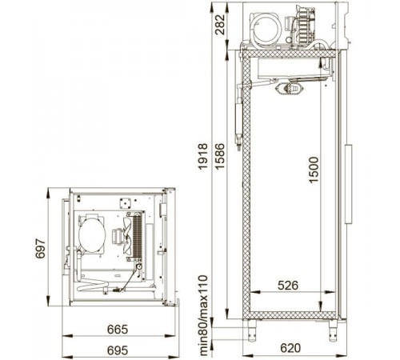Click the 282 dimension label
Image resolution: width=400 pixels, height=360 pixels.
(220, 25)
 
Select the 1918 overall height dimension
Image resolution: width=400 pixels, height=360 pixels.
(203, 156)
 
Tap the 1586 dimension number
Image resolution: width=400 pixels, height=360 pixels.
(220, 156)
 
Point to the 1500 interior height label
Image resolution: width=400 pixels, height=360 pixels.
(314, 170)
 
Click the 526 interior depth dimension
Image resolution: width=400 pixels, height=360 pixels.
(288, 286)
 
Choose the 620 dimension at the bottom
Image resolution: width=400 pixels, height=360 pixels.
(290, 348)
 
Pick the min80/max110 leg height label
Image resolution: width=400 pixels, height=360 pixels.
(203, 315)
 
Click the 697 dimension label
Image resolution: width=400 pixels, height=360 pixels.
(41, 249)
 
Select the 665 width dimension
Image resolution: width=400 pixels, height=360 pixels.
(118, 330)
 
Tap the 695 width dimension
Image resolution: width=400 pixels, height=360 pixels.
(118, 350)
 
